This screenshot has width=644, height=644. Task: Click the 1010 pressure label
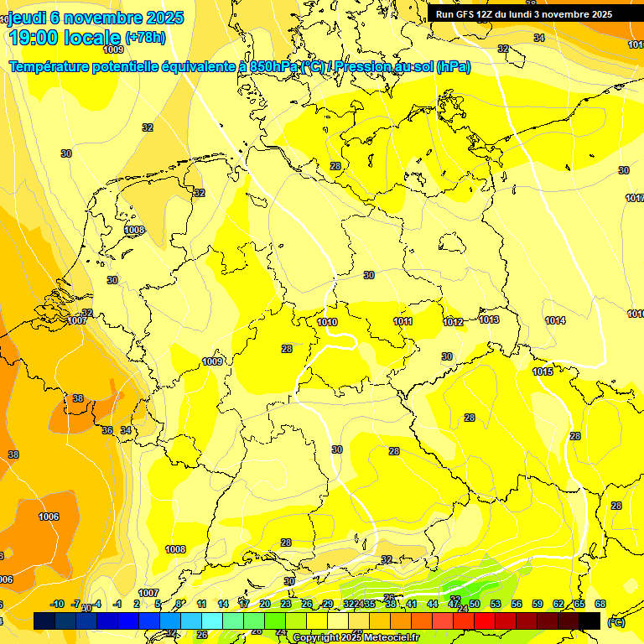point(327,322)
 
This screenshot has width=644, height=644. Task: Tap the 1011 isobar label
point(402,321)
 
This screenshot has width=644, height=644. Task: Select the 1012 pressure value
point(454,322)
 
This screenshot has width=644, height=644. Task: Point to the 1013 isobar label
point(490,319)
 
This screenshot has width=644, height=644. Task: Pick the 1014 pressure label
point(555,320)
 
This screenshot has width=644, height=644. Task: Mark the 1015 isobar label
point(543,371)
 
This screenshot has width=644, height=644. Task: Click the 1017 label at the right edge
point(635,198)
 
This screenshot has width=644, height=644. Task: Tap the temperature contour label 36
point(107,430)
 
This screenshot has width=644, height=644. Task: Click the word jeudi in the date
point(27,18)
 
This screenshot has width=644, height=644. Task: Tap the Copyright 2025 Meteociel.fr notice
point(356,638)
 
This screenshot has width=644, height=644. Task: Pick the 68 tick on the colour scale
point(600,604)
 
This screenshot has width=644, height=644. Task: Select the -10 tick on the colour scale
point(57,604)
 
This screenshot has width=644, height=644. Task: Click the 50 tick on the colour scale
point(474,604)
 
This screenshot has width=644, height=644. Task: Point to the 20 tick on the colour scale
point(264,604)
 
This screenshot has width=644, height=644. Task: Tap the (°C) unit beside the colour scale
point(615,622)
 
